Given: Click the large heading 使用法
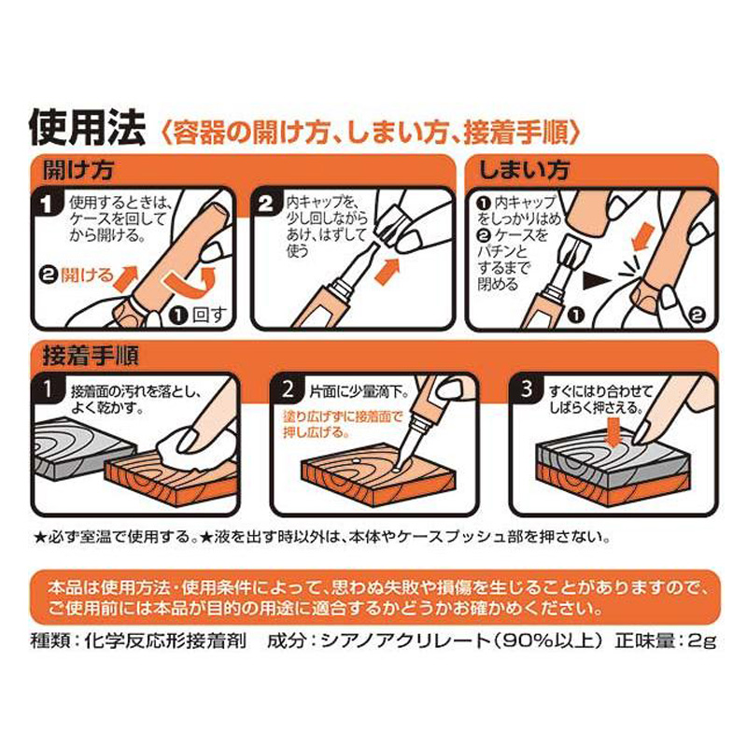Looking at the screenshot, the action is point(87,127).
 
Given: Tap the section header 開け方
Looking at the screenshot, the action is point(78,171).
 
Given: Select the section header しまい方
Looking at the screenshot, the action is point(524,171).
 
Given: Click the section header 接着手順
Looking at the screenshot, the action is point(91,356).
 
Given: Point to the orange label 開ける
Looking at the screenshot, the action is point(88,275).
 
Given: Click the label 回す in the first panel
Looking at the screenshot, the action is point(208,315).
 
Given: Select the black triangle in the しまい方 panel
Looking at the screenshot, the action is point(596,281).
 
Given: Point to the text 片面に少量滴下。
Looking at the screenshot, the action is point(359,392).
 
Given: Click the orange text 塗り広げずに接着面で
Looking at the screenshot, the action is point(343,416).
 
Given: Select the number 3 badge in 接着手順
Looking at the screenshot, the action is point(526,388).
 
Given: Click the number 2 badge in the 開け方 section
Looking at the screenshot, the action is point(265,204).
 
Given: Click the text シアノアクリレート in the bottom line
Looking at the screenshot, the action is point(405,641).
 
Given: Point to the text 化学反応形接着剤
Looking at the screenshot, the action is point(165,641).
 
